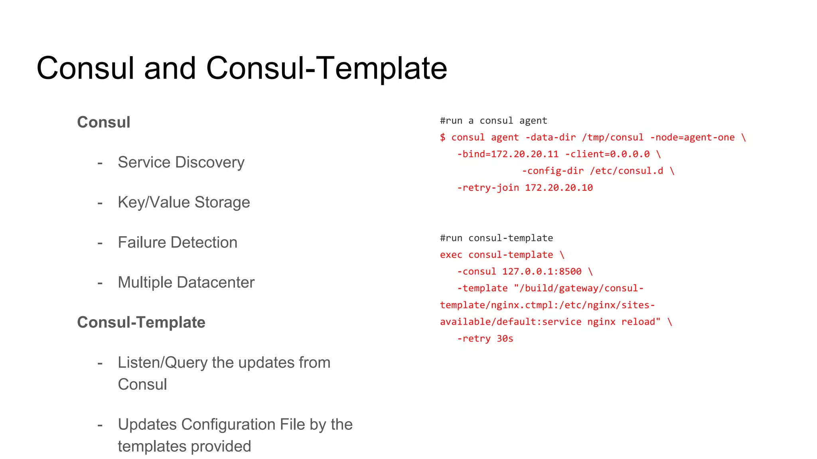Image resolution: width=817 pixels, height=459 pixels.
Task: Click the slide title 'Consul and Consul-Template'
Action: tap(242, 68)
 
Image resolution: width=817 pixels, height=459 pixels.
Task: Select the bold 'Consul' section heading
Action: tap(104, 122)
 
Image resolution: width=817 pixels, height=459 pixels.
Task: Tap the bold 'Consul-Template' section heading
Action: tap(141, 322)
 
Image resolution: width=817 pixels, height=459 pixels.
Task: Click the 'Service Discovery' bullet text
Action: tap(181, 162)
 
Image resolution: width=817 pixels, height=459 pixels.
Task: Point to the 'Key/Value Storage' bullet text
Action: tap(184, 202)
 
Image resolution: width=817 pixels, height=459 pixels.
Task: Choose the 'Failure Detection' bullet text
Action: tap(178, 243)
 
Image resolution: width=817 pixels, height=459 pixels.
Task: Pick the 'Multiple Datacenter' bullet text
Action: tap(186, 282)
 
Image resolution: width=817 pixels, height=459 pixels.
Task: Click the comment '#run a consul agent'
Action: tap(493, 121)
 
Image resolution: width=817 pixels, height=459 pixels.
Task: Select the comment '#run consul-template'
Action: tap(496, 238)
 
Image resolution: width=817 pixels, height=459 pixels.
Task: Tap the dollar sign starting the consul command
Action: tap(443, 137)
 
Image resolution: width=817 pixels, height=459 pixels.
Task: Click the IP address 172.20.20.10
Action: tap(559, 188)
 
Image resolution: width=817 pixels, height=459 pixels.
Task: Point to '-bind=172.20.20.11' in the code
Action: tap(508, 154)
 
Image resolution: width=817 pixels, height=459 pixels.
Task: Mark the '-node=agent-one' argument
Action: tap(692, 137)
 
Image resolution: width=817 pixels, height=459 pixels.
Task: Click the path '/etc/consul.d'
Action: tap(627, 171)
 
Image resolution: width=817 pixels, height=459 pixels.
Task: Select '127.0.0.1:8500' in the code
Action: tap(542, 272)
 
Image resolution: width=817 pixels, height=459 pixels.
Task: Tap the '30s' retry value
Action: tap(505, 339)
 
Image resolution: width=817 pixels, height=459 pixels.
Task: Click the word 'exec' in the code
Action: tap(451, 255)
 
